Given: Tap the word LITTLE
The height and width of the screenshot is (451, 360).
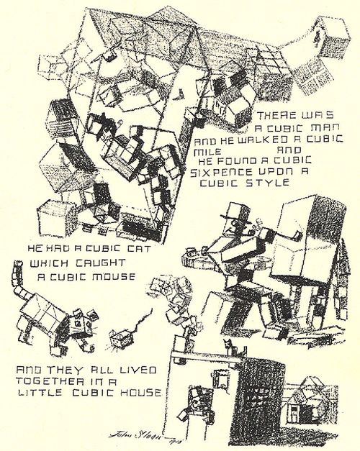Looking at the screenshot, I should (x=40, y=395).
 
